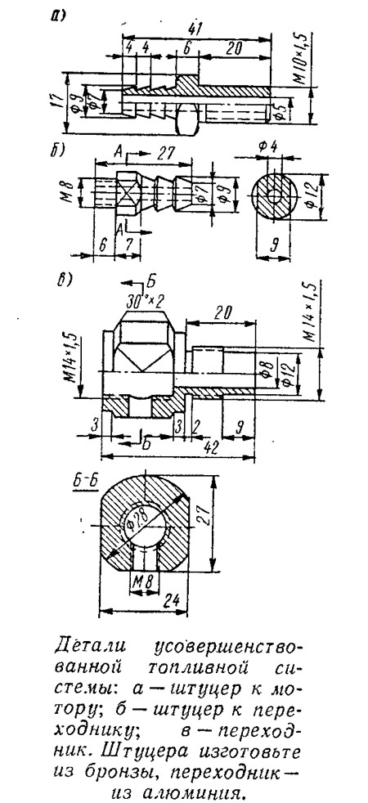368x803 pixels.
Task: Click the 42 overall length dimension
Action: (210, 446)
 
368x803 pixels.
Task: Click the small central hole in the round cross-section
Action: (275, 195)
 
